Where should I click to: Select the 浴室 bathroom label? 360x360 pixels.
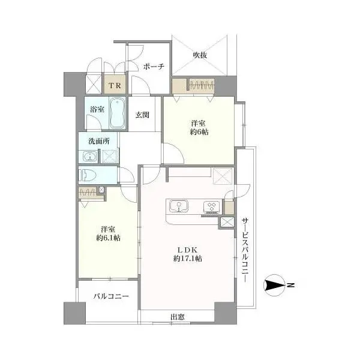pyautogui.click(x=97, y=110)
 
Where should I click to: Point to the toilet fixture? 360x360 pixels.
pyautogui.click(x=88, y=175)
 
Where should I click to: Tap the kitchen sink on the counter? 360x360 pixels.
pyautogui.click(x=178, y=208)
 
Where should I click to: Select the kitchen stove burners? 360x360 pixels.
pyautogui.click(x=211, y=208)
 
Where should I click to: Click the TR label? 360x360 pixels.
pyautogui.click(x=113, y=85)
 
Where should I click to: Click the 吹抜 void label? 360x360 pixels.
pyautogui.click(x=200, y=55)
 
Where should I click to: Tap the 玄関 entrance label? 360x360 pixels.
pyautogui.click(x=142, y=115)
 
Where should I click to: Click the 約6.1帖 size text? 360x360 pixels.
pyautogui.click(x=108, y=238)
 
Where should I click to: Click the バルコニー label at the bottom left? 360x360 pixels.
pyautogui.click(x=110, y=296)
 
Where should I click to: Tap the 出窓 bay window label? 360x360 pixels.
pyautogui.click(x=177, y=317)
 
